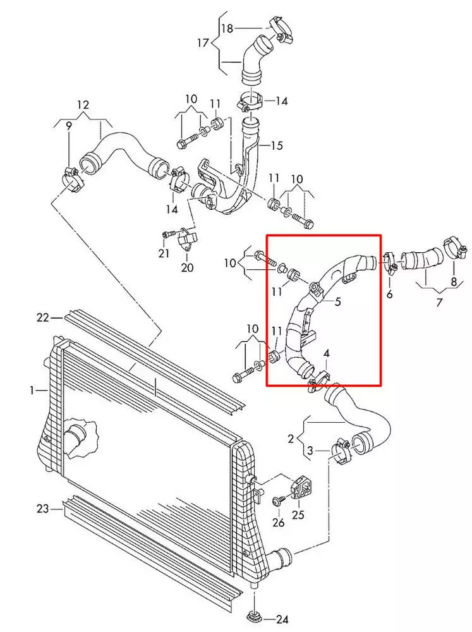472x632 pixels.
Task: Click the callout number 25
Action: tap(298, 515)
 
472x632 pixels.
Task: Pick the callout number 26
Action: tap(279, 523)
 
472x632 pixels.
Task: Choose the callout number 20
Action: tap(187, 267)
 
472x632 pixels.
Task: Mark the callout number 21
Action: tap(164, 253)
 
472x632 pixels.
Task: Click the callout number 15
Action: tap(276, 145)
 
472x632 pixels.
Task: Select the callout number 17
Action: tap(202, 43)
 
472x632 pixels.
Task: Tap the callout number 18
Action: tap(227, 28)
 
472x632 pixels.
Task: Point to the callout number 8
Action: tap(453, 282)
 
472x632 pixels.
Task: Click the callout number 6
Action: tap(389, 294)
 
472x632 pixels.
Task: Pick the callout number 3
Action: tap(310, 450)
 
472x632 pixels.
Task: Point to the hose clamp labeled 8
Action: tap(452, 247)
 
